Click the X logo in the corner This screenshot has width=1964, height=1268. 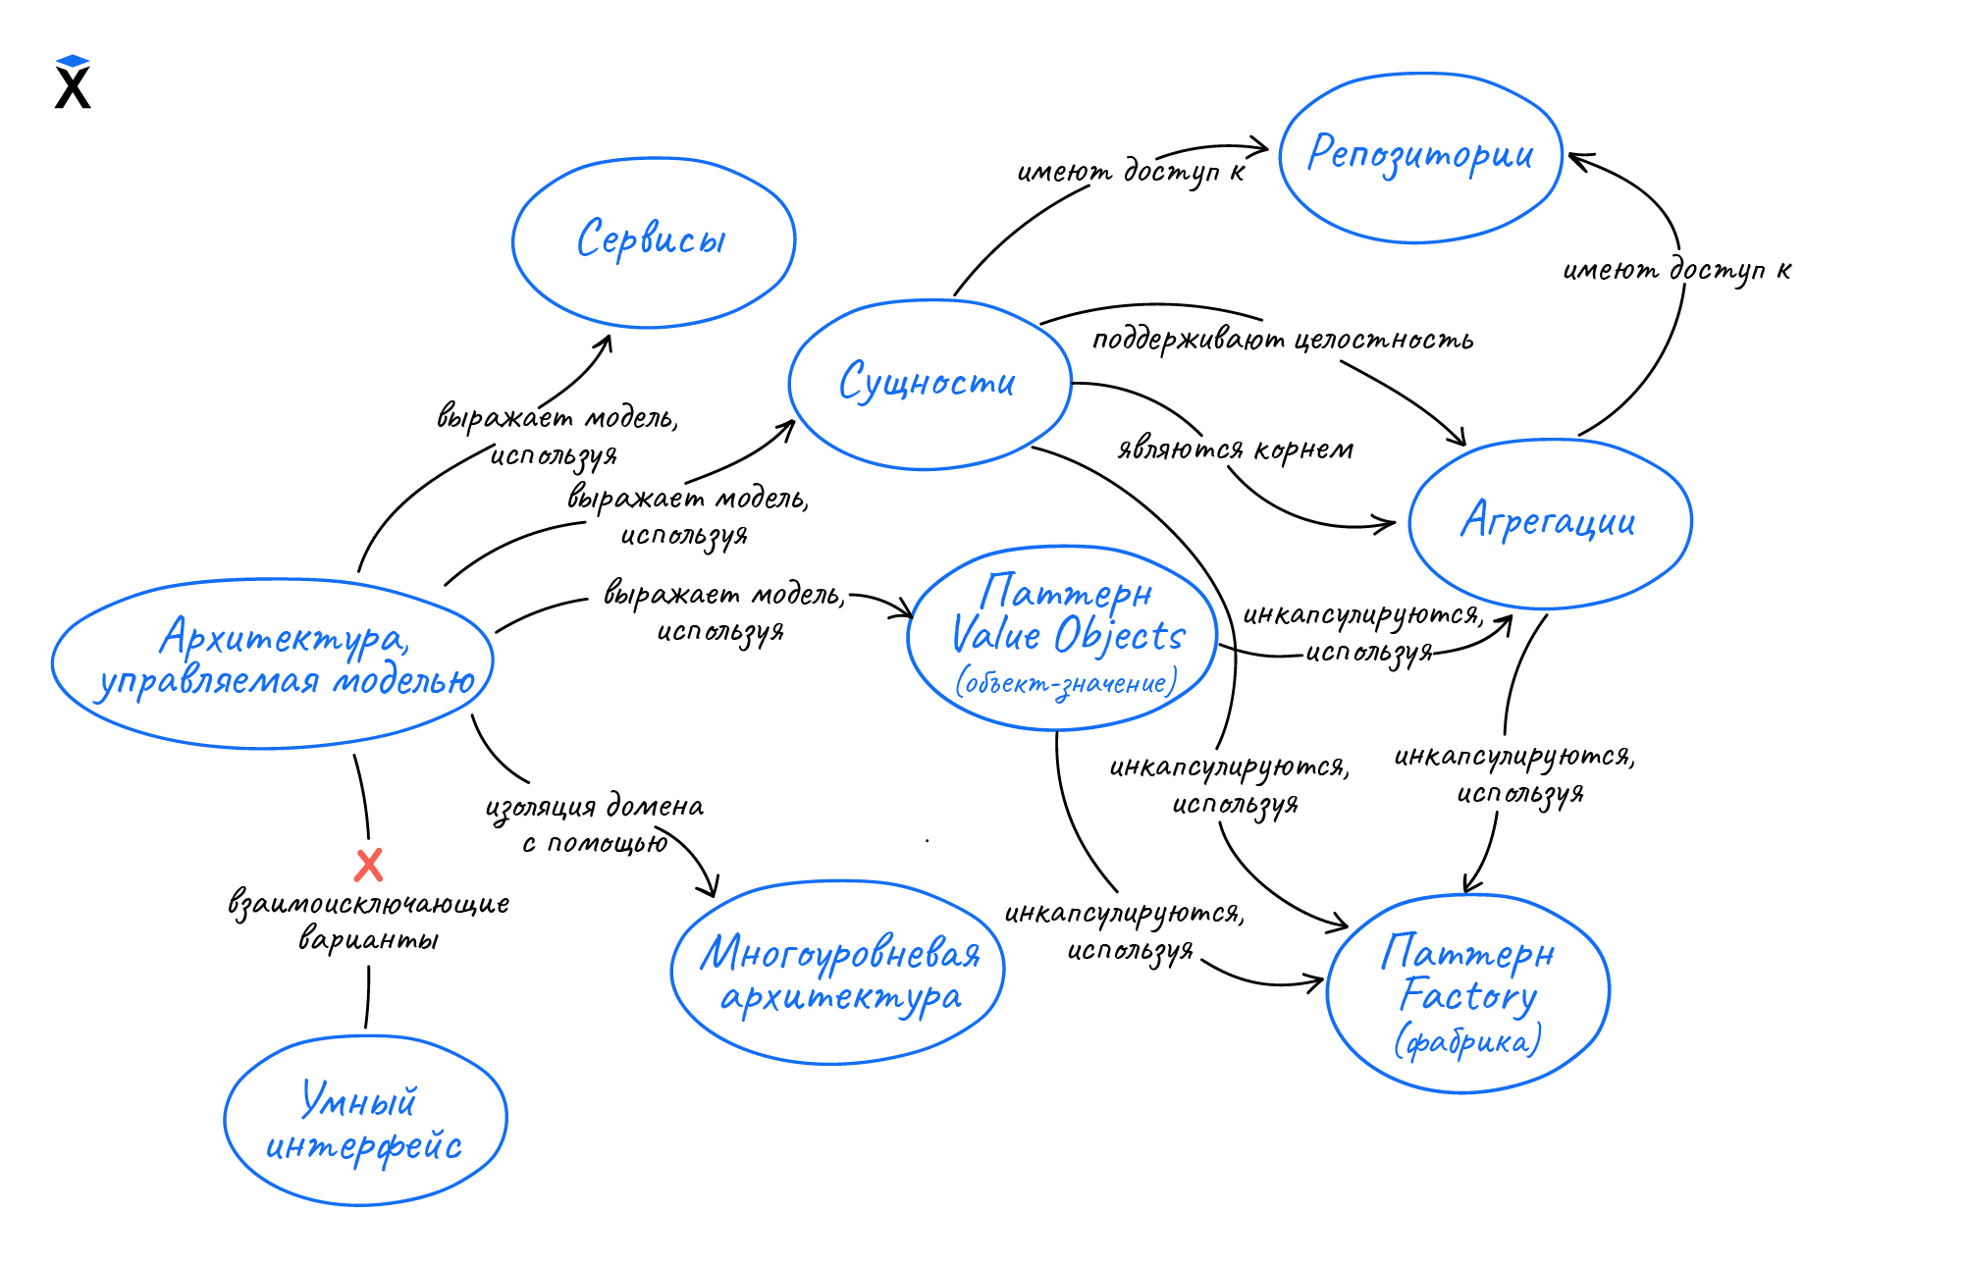click(x=73, y=82)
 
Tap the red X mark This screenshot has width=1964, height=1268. click(x=368, y=865)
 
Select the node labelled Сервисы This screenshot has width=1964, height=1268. click(x=653, y=241)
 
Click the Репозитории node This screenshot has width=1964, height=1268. click(x=1420, y=157)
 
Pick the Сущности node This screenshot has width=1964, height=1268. click(x=929, y=384)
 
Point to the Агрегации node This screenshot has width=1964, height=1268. click(x=1549, y=522)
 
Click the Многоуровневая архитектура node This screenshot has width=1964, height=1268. click(x=838, y=973)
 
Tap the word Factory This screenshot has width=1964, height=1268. click(x=1467, y=996)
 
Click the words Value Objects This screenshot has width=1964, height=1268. click(x=1069, y=635)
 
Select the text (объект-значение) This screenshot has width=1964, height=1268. click(x=1067, y=683)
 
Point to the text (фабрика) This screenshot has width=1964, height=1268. click(x=1467, y=1041)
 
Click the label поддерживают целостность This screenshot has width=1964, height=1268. click(x=1283, y=341)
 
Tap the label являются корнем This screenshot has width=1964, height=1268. click(x=1236, y=449)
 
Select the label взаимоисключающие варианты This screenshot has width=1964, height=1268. click(x=369, y=921)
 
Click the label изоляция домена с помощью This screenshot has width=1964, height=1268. click(x=595, y=824)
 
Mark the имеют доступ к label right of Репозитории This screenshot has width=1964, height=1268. click(x=1676, y=270)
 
